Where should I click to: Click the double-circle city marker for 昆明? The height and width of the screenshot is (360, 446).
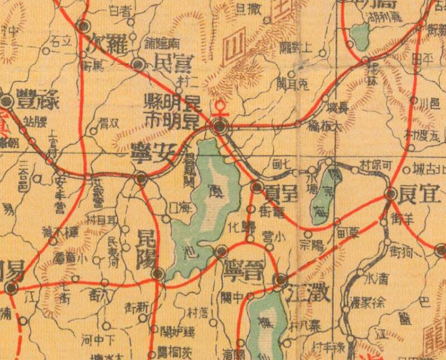(x=220, y=127)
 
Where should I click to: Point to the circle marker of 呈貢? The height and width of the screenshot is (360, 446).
(x=258, y=187)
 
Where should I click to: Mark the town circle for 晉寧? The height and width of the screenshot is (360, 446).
(x=221, y=251)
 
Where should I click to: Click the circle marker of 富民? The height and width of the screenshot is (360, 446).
(x=140, y=65)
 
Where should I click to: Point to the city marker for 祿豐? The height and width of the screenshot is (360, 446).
(x=6, y=101)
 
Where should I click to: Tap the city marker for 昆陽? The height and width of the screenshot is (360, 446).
(x=158, y=274)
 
